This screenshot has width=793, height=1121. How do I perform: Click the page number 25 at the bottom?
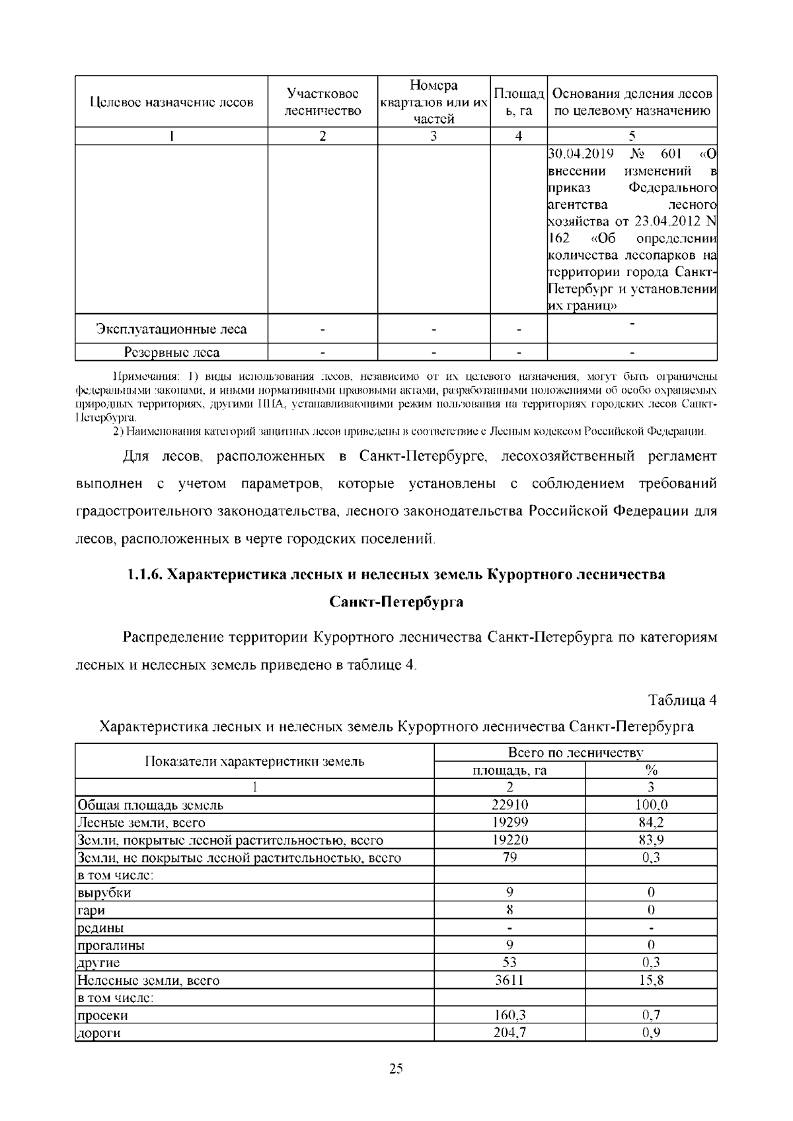pos(396,1069)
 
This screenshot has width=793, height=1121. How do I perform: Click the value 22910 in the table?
pos(510,805)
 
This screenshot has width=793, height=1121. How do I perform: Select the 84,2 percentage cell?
pos(650,822)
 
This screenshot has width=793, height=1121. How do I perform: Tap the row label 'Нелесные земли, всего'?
pos(149,980)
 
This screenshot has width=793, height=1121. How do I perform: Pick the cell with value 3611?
pos(510,980)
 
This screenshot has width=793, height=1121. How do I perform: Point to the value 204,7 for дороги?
pos(510,1033)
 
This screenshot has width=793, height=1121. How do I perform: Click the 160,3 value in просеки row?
pos(510,1015)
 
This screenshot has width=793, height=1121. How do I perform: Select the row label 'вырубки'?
pos(104,892)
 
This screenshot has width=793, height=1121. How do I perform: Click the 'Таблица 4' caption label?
pos(682,700)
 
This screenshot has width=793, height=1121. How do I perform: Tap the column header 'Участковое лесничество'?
pos(322,102)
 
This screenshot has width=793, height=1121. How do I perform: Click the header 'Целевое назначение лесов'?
pos(171,102)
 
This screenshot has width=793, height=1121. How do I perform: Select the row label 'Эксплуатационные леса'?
pos(171,329)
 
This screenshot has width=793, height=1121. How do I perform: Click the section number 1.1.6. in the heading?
pos(145,574)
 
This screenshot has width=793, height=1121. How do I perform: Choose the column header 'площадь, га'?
pos(510,770)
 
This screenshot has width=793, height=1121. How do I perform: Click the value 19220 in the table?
pos(510,840)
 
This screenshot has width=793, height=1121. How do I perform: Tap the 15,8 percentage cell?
pos(650,980)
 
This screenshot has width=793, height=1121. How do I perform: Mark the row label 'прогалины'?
pos(111,945)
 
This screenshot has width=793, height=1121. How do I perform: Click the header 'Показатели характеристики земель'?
pos(254,761)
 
